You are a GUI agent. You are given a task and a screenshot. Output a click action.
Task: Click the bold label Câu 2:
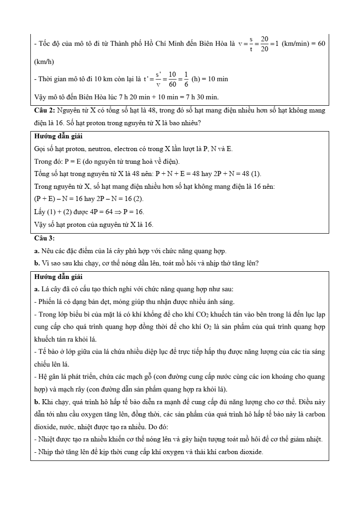click(44, 110)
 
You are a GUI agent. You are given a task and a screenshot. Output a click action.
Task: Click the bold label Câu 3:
click(44, 238)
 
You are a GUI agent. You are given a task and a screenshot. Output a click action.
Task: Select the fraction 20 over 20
click(265, 44)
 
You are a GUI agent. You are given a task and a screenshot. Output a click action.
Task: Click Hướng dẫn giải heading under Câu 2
click(58, 136)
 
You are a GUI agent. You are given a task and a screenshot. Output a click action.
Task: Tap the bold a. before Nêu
click(37, 251)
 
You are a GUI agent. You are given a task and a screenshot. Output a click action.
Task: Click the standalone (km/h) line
click(44, 62)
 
